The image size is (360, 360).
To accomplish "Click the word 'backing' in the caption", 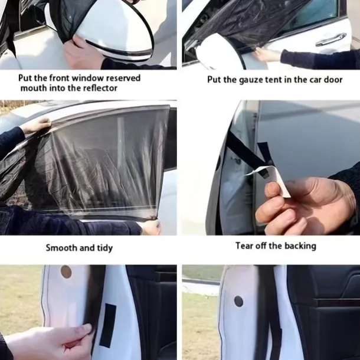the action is (300, 246).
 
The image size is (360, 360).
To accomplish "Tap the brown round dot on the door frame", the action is (66, 272).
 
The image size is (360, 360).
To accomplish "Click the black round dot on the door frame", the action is (238, 302).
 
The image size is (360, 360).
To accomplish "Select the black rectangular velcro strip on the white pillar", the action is (107, 325).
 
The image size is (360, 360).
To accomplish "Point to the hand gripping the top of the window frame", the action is (37, 126).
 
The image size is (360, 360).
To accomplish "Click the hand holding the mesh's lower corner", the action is (150, 226).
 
